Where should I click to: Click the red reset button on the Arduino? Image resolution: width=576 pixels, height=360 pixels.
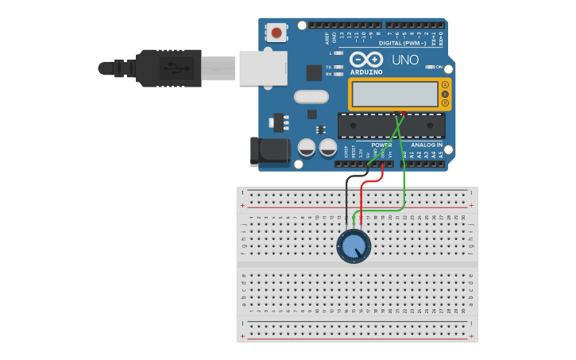(x=276, y=33)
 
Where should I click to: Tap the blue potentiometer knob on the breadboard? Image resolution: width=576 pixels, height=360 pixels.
(x=354, y=246)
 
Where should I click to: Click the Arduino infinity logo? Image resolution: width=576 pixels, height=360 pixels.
(x=365, y=60)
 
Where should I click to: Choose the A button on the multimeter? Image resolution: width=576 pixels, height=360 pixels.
(x=445, y=85)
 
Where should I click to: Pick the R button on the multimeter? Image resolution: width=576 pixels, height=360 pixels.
(x=445, y=103)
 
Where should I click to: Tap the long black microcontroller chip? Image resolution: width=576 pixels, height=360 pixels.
(x=391, y=126)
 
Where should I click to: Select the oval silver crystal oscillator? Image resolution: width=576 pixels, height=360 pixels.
(x=310, y=97)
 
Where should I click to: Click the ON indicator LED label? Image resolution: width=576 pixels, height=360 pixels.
(x=439, y=67)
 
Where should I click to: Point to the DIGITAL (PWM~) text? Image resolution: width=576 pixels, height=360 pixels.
(x=401, y=43)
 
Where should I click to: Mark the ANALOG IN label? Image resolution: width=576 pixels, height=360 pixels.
(x=427, y=145)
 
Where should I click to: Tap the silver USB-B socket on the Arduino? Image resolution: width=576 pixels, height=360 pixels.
(x=262, y=68)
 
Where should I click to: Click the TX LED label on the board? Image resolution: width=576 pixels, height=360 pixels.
(x=329, y=67)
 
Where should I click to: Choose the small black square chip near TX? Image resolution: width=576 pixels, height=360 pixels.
(x=314, y=72)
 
